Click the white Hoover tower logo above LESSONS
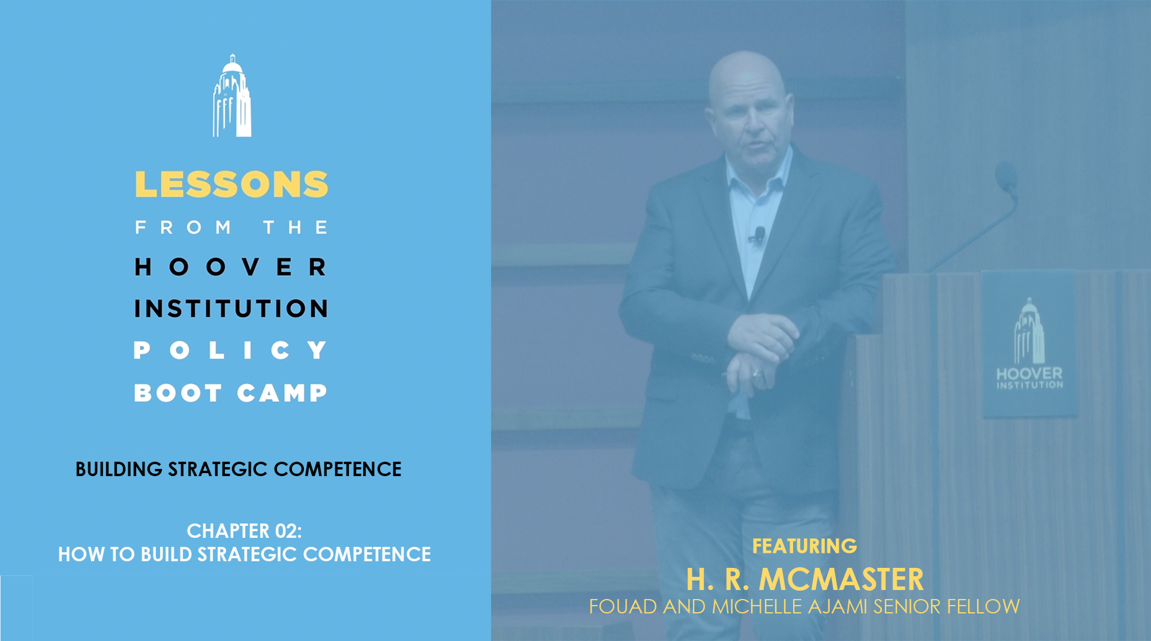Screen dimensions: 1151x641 click(232, 96)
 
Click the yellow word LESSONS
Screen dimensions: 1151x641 click(231, 185)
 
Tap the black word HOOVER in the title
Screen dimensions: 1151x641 click(231, 267)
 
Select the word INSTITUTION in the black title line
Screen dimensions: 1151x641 click(231, 309)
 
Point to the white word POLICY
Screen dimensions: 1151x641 click(231, 350)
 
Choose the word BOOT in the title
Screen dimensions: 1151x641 click(178, 393)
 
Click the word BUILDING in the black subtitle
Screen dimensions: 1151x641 click(119, 469)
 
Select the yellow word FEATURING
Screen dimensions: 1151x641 click(805, 546)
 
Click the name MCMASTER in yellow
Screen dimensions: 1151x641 click(841, 580)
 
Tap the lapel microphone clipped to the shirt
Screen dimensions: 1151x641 click(759, 235)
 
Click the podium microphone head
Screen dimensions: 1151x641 click(1006, 177)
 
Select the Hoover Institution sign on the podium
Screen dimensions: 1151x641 click(1029, 344)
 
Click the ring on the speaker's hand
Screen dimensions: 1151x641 click(757, 375)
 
